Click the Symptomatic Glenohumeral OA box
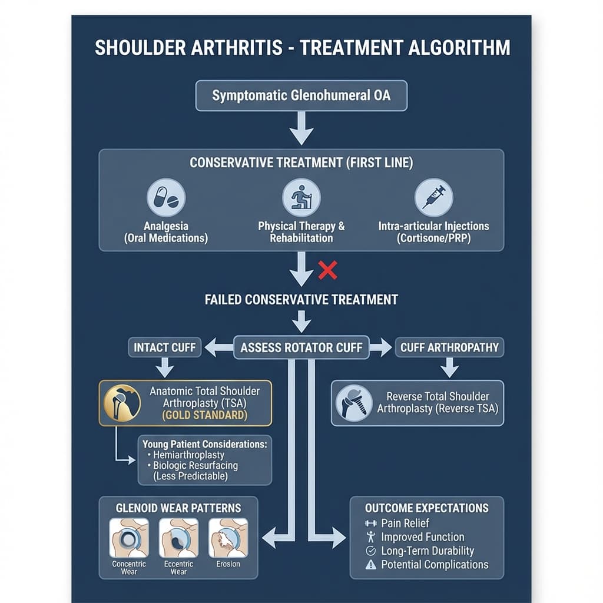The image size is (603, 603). [x=301, y=95]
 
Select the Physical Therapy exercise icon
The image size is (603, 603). [x=301, y=198]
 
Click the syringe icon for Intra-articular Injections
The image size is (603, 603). [x=434, y=198]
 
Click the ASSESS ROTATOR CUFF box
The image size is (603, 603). [x=301, y=347]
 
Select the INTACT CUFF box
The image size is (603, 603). [x=164, y=347]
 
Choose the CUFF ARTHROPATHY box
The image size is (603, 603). [x=449, y=347]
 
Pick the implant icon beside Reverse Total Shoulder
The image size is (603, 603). [x=353, y=403]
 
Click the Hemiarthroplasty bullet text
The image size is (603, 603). [x=188, y=455]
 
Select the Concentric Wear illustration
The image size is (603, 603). [x=129, y=538]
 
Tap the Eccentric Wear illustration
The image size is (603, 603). [x=179, y=538]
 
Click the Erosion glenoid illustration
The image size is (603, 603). [x=228, y=538]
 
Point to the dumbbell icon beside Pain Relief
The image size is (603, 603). [x=371, y=523]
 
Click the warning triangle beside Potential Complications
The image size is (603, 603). [x=371, y=565]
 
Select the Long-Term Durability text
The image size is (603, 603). [x=428, y=551]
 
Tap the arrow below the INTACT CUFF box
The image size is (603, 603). [x=164, y=369]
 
